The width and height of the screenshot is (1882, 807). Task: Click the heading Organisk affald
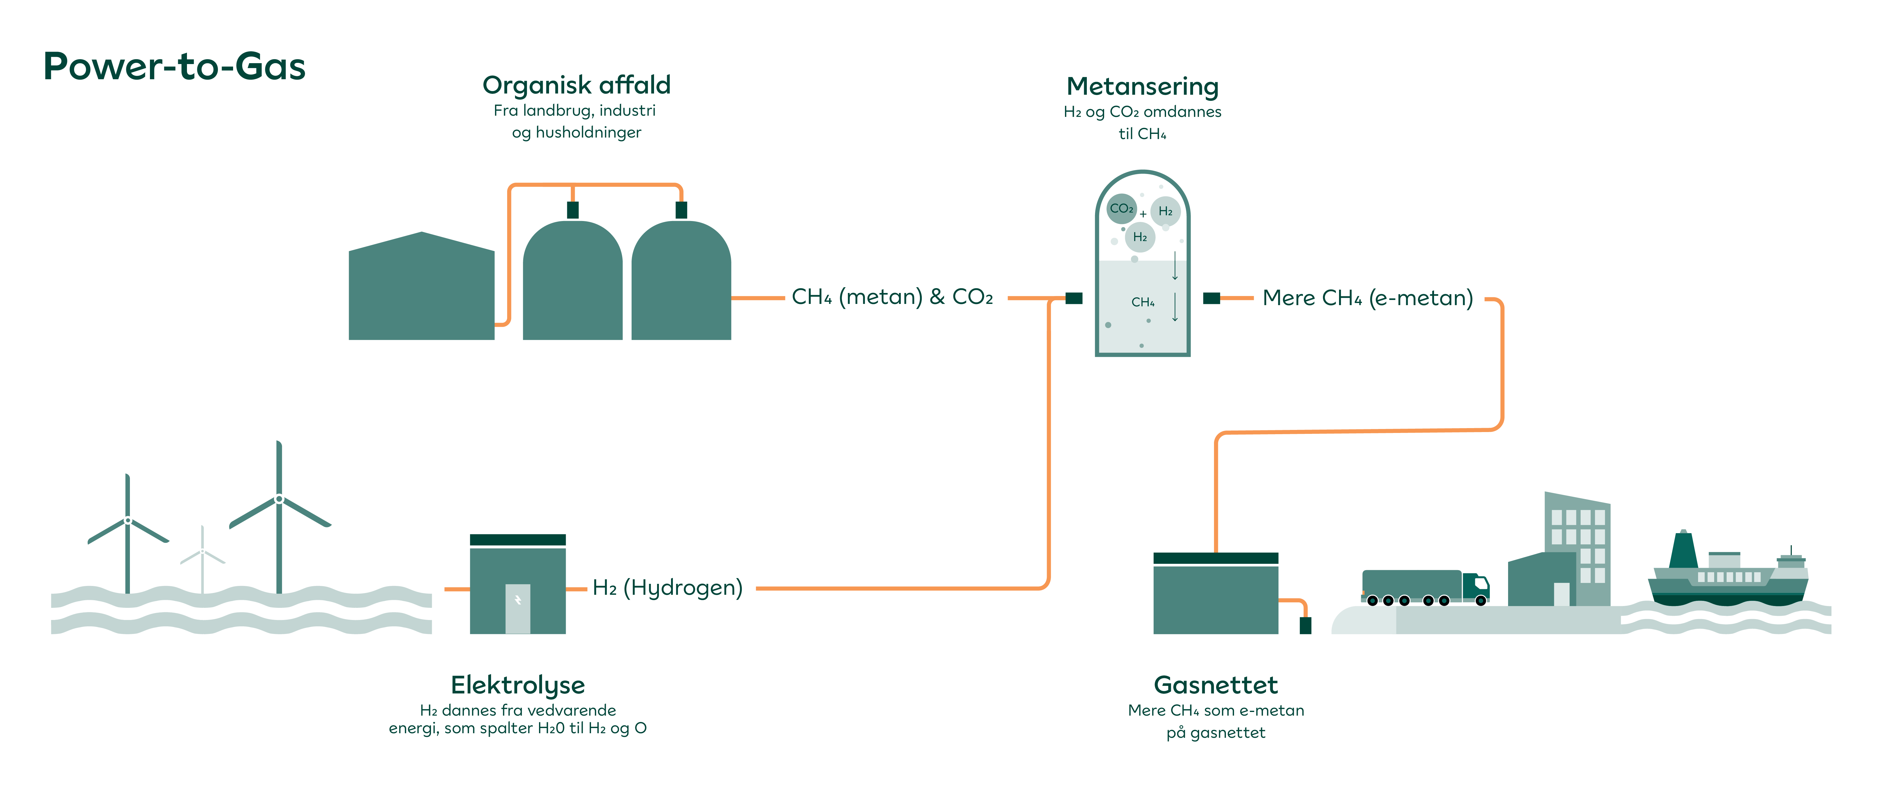click(x=576, y=86)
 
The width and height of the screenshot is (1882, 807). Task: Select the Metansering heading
click(x=1142, y=86)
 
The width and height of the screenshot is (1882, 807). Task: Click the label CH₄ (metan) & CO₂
click(x=892, y=297)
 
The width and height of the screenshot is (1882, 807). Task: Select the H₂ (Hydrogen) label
click(x=667, y=588)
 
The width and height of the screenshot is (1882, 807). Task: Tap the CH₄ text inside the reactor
click(x=1143, y=302)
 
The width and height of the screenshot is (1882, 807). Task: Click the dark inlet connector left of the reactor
click(x=1073, y=298)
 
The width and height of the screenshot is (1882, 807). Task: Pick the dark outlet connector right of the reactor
click(x=1211, y=298)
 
